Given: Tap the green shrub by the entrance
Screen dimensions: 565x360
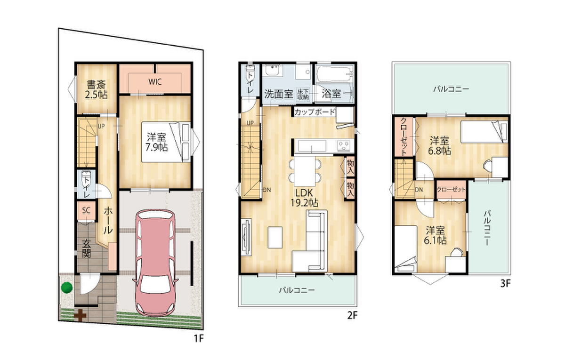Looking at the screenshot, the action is tap(67, 288).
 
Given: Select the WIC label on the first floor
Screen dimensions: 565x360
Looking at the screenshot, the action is tap(155, 82).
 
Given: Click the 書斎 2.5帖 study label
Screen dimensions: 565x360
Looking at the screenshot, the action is tap(97, 89).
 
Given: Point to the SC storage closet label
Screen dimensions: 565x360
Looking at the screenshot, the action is tap(86, 210).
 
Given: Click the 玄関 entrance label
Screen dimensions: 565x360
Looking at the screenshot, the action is tap(86, 249).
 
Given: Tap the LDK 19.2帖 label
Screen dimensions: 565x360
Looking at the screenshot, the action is tap(304, 198).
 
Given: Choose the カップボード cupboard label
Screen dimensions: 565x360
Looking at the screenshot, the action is tap(315, 112).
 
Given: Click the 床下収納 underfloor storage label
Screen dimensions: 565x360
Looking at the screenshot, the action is tap(303, 94).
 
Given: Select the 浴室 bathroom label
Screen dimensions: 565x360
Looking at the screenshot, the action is tap(331, 94).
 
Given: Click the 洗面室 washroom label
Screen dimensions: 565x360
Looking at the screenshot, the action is tap(279, 94).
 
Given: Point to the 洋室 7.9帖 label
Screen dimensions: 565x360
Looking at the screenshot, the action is tap(156, 143).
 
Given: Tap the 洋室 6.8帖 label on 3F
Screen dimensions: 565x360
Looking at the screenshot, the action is tap(440, 145).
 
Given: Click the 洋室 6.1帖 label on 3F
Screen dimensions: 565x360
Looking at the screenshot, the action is tap(436, 235).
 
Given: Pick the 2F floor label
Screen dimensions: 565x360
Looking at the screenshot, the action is tap(352, 315).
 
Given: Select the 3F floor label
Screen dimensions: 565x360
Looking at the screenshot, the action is tap(505, 284).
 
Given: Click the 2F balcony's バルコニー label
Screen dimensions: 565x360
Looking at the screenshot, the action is tap(297, 290).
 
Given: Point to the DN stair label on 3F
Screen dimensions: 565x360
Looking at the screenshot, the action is tap(419, 190).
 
